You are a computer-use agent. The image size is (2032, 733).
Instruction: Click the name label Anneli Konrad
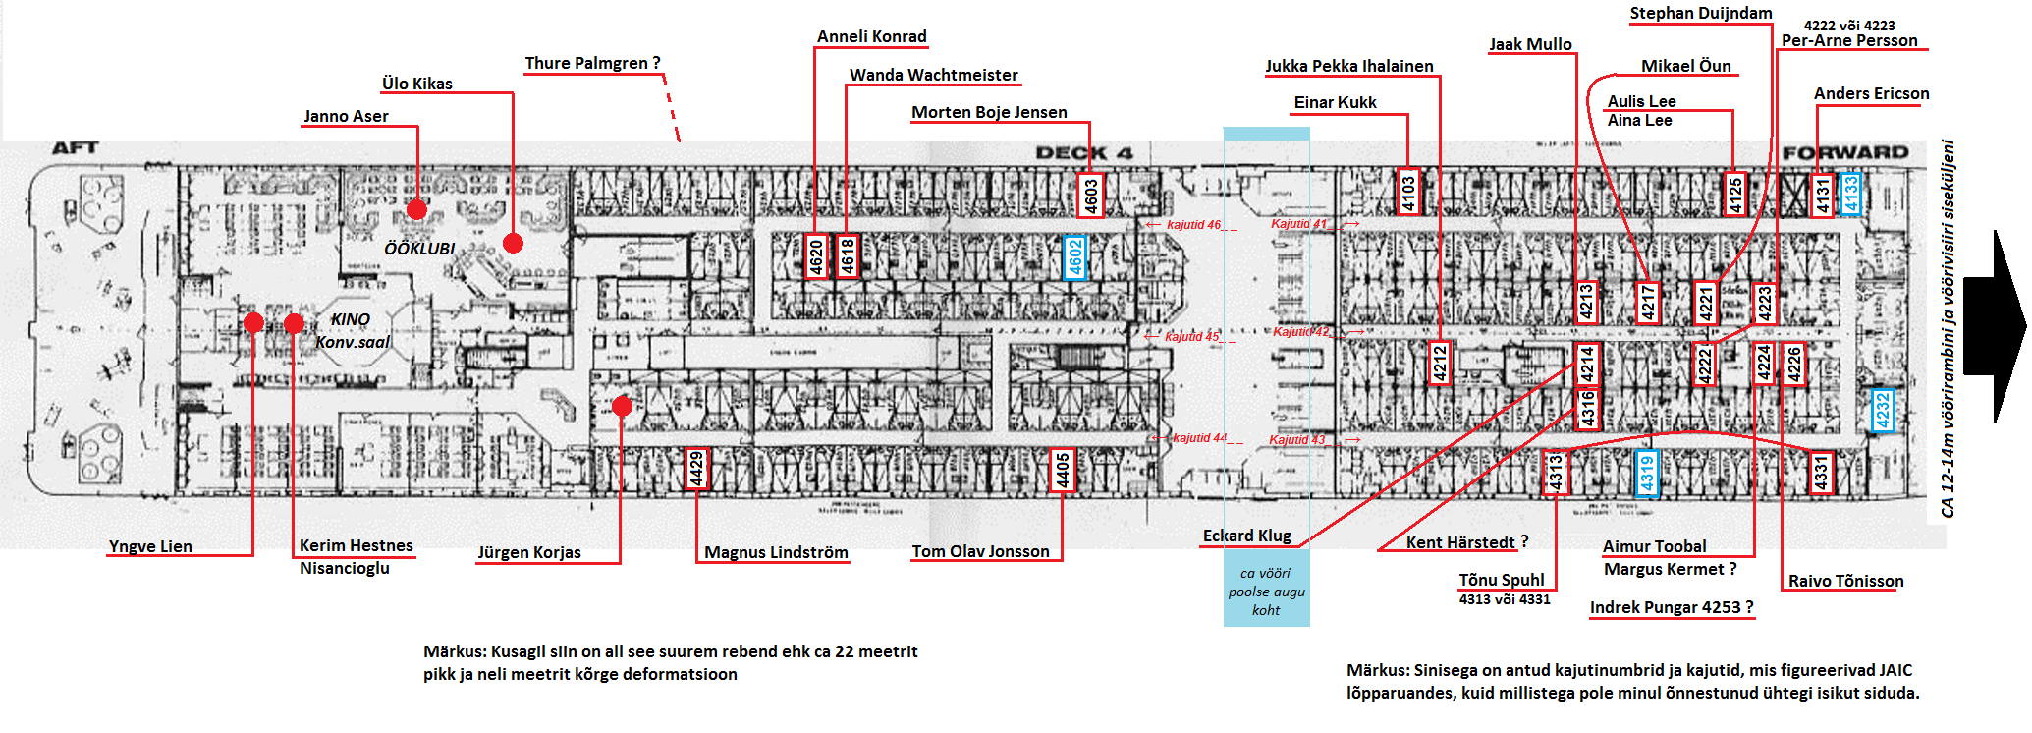coord(871,37)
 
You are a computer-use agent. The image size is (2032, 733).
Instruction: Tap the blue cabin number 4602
coord(1075,257)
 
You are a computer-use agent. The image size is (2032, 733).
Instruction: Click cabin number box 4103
coord(1408,192)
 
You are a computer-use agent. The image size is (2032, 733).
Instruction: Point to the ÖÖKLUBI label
coord(419,249)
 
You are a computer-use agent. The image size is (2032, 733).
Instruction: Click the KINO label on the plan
coord(350,319)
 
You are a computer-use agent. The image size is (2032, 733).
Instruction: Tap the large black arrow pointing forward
coord(1994,326)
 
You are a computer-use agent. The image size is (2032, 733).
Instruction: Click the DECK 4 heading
coord(1084,153)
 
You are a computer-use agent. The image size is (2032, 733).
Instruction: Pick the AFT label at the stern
coord(75,148)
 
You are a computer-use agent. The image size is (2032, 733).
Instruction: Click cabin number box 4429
coord(696,469)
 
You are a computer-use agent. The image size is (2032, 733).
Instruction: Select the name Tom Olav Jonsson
coord(980,552)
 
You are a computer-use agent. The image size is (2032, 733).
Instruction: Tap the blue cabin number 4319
coord(1647,473)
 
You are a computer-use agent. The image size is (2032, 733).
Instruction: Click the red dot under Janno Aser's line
coord(416,209)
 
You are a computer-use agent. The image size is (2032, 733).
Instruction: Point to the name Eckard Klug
coord(1246,536)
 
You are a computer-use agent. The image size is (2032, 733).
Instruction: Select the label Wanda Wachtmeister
coord(933,75)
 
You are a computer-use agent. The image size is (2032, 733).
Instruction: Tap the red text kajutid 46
coord(1193,225)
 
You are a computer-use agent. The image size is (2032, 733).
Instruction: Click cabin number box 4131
coord(1823,195)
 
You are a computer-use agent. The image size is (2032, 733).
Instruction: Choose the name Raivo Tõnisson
coord(1845,581)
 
